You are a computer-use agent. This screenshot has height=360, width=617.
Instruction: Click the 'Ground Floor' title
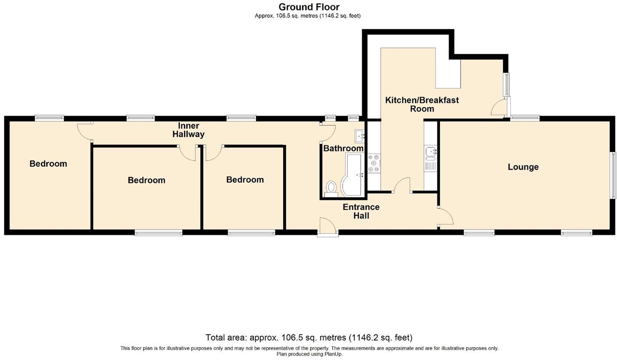click(309, 7)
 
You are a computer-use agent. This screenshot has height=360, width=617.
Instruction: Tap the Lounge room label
click(523, 167)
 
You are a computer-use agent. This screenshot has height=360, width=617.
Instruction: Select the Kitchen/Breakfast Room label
click(421, 104)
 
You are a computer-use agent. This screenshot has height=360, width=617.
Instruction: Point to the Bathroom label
click(344, 148)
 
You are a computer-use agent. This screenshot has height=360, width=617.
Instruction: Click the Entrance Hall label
click(361, 211)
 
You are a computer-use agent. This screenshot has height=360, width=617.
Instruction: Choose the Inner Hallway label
click(188, 130)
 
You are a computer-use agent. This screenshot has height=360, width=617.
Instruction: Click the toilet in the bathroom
click(332, 188)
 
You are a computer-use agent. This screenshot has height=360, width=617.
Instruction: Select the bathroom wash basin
click(360, 136)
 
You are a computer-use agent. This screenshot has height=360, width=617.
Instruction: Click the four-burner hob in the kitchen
click(374, 163)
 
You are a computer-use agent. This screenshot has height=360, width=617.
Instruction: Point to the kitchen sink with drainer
click(430, 158)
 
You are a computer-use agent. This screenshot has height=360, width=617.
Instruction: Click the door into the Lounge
click(445, 217)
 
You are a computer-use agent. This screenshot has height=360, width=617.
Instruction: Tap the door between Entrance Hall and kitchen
click(402, 185)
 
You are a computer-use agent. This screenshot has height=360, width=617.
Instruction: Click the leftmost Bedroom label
click(48, 164)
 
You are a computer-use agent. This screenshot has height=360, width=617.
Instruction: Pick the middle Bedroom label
click(146, 180)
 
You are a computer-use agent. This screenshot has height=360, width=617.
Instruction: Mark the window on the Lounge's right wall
click(613, 175)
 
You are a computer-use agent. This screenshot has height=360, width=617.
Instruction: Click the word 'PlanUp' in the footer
click(334, 354)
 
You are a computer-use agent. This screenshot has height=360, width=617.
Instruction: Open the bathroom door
click(329, 132)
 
